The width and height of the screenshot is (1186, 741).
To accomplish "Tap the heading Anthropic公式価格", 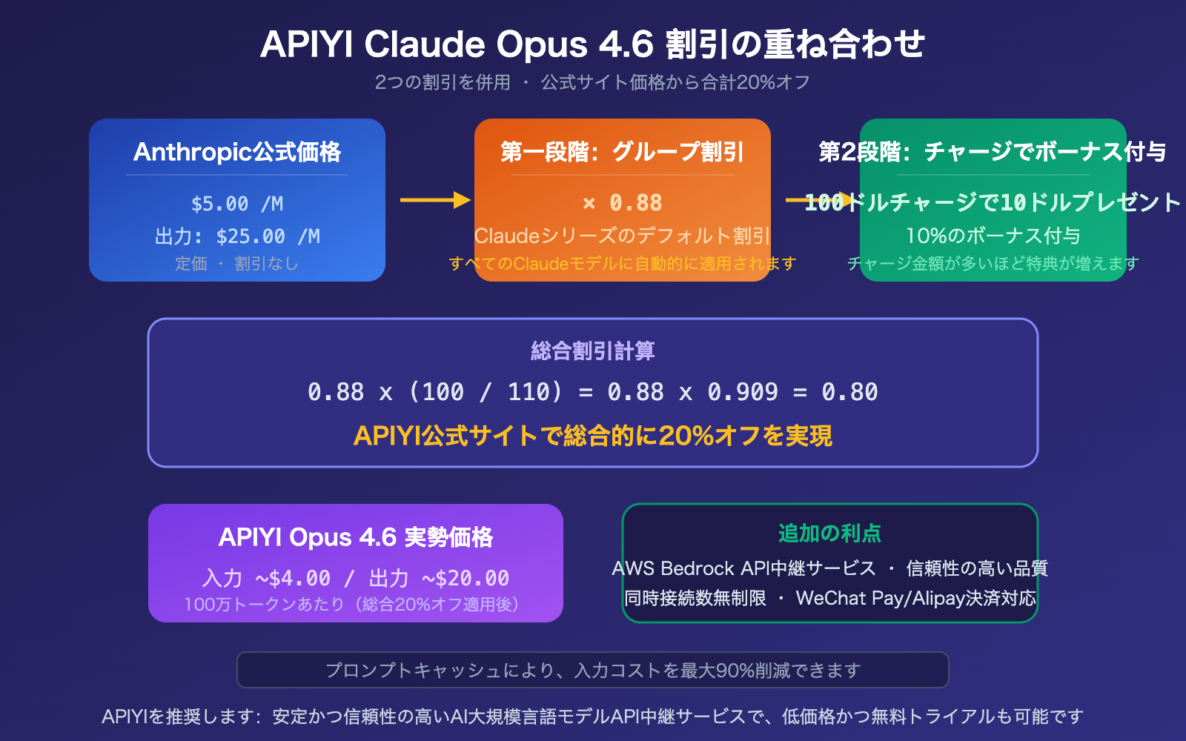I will click(237, 152).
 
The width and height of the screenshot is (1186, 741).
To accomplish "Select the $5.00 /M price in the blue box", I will click(237, 204).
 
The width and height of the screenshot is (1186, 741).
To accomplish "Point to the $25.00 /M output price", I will click(268, 236).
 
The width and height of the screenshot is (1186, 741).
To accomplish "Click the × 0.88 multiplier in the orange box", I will click(623, 202).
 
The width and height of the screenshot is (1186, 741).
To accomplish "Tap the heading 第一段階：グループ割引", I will click(623, 152).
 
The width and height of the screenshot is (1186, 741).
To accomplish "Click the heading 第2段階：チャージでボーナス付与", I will click(993, 152).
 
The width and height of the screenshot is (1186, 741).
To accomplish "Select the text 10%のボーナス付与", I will click(993, 236).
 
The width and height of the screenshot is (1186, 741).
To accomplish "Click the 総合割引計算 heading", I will click(593, 350).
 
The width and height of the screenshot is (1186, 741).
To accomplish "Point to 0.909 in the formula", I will click(743, 392).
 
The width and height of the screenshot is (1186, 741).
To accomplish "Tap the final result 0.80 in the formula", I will click(849, 392).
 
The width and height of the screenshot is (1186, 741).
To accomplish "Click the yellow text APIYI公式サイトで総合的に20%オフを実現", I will click(593, 436).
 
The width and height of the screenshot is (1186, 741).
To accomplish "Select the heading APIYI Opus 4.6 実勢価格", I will click(356, 537).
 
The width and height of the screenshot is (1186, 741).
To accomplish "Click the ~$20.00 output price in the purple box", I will click(466, 578).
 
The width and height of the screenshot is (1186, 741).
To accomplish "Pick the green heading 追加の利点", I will click(829, 533).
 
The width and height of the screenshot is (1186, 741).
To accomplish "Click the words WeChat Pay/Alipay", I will click(878, 598).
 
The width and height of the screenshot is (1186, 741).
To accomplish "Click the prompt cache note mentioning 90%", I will click(593, 671).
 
